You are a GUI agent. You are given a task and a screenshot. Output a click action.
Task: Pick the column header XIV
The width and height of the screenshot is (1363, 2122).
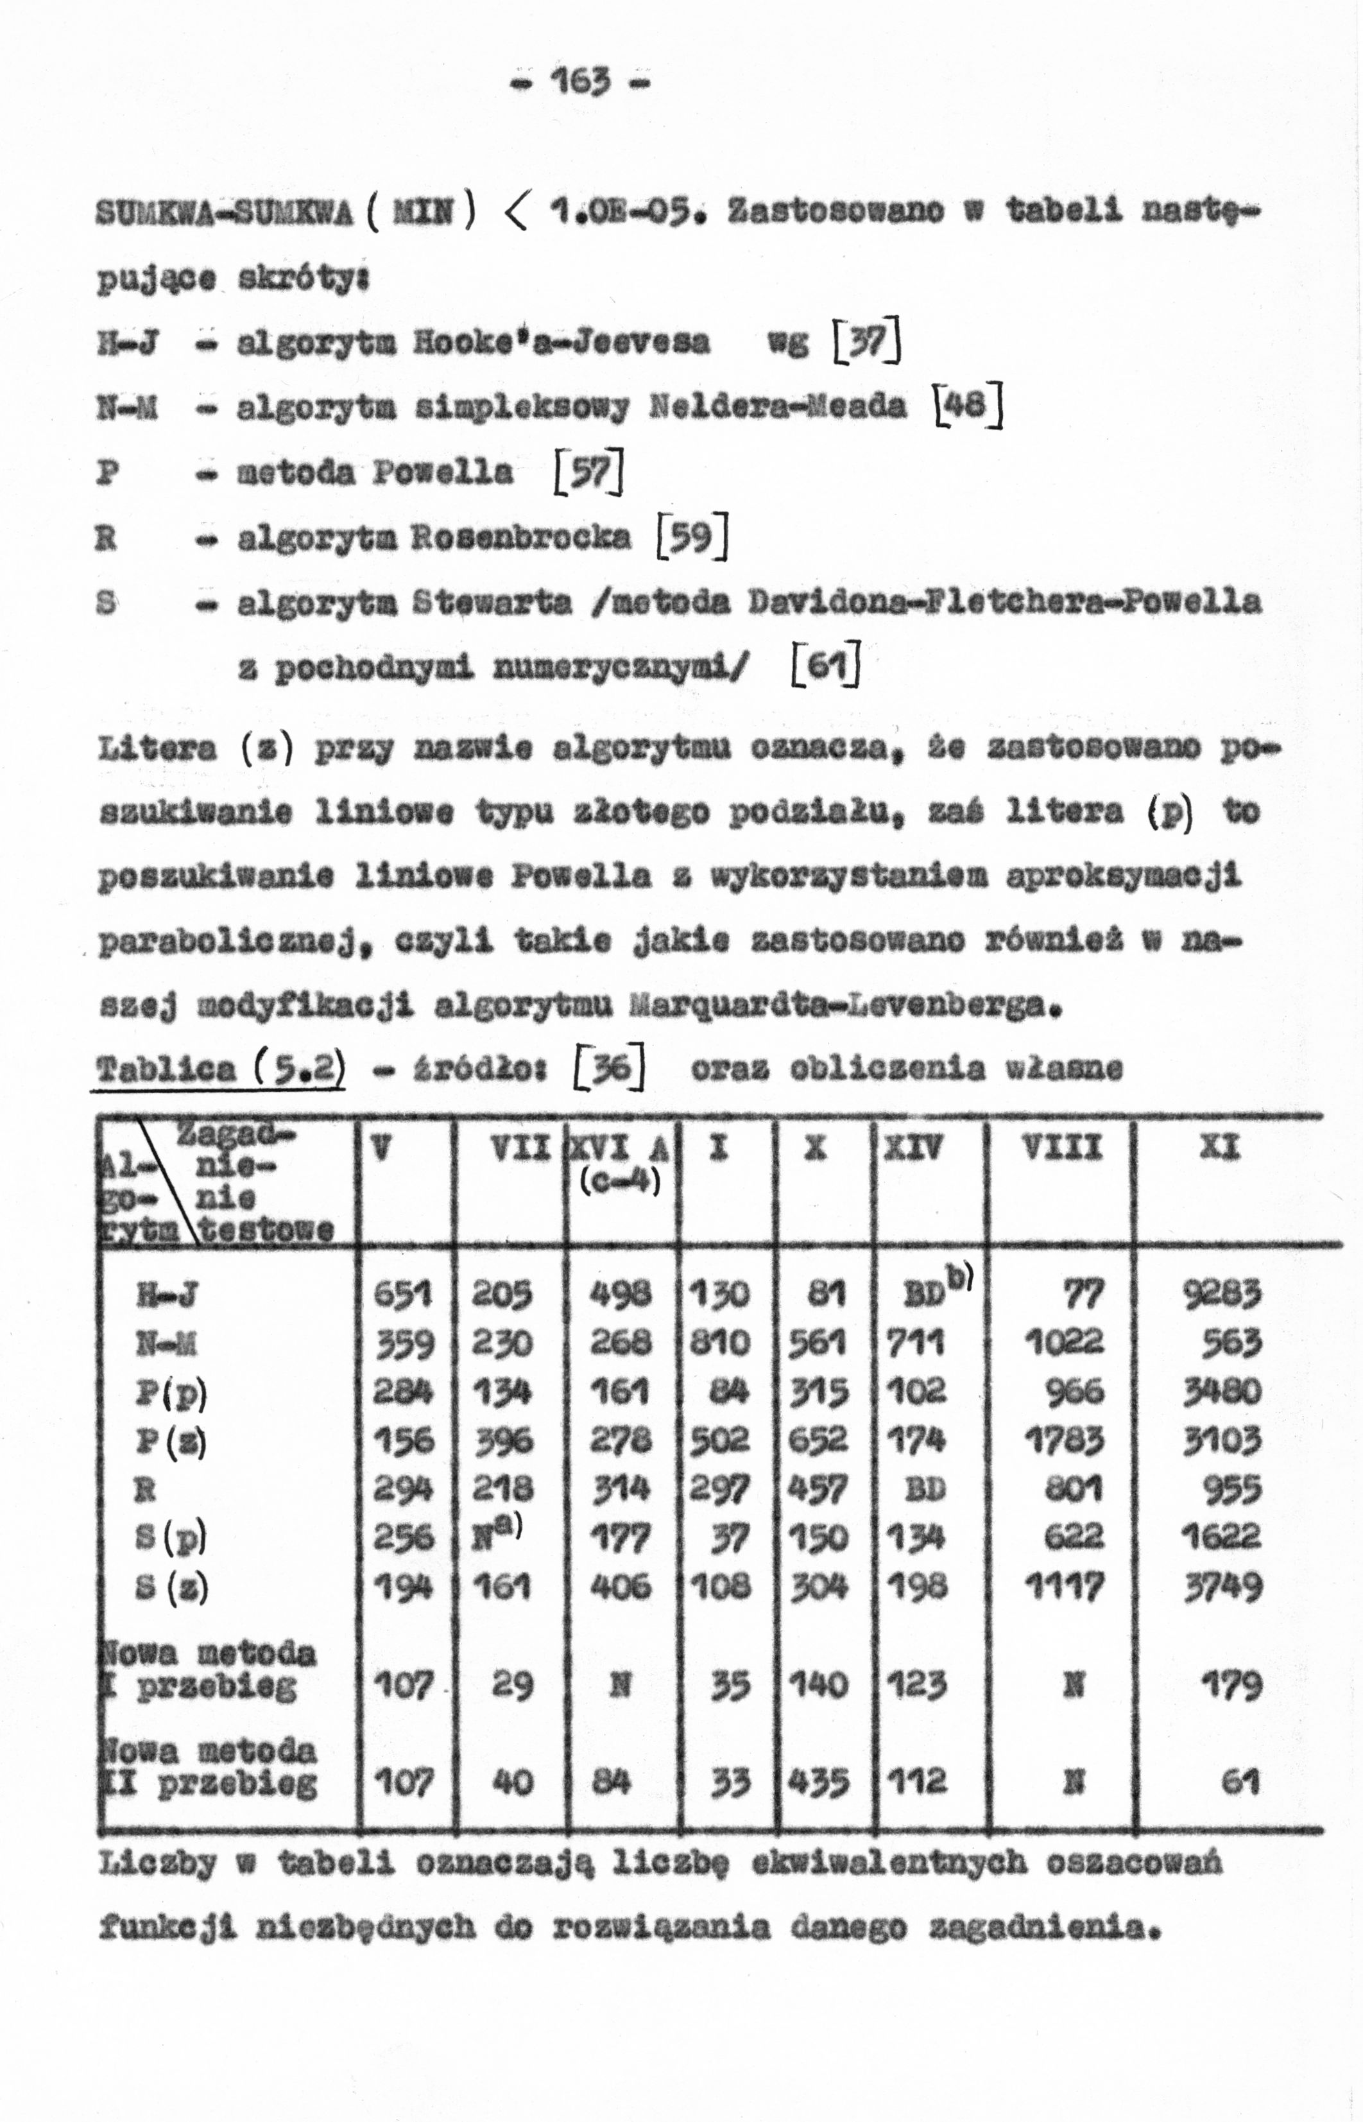tap(913, 1148)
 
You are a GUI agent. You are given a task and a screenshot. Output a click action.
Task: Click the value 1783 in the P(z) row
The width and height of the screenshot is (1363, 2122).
tap(1064, 1441)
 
